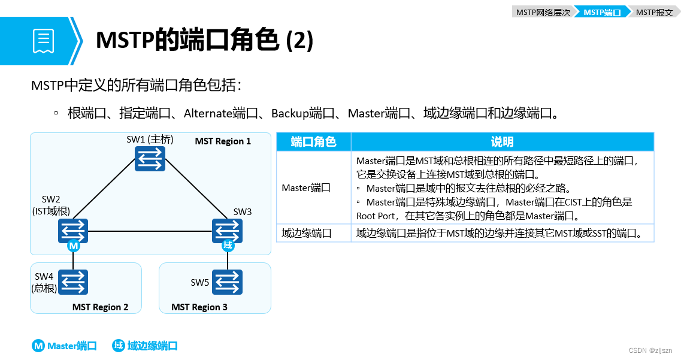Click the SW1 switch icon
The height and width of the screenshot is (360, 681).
150,159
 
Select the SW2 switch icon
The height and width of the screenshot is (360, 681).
73,231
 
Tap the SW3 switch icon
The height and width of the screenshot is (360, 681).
228,231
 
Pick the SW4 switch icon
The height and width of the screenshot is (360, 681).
73,282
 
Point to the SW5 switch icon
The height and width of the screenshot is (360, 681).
228,282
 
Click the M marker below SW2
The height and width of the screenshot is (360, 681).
73,246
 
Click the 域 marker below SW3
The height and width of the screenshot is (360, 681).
228,246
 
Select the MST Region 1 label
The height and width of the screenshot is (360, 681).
223,141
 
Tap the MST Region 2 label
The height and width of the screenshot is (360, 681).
100,307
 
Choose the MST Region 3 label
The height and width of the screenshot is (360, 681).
199,307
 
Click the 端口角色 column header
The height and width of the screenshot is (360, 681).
313,142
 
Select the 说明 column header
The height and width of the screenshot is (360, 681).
502,142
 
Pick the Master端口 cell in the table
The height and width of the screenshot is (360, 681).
306,188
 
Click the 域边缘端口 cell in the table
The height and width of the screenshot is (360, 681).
307,234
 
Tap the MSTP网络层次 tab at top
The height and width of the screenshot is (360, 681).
542,12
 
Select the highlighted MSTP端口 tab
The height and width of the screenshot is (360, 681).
601,12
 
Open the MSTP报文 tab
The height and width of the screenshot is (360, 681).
654,12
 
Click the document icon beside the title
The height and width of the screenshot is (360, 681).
43,41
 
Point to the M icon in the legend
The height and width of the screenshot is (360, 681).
38,346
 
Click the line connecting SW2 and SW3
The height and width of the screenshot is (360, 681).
150,231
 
